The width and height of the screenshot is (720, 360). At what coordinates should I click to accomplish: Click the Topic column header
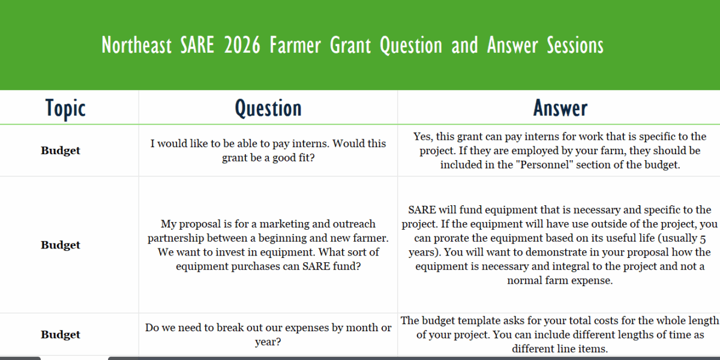(65, 109)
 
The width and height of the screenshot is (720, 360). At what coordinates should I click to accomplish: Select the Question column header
(268, 109)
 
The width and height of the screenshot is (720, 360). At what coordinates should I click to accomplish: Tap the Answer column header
(560, 109)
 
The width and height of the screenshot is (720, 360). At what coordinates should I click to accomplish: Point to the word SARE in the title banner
(197, 46)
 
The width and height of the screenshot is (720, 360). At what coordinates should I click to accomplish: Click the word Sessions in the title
(575, 46)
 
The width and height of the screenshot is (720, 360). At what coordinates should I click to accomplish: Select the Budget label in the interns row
(61, 151)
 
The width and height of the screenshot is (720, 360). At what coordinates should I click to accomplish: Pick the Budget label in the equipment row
(61, 245)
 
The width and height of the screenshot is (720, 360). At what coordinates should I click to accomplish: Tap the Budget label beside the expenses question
(61, 335)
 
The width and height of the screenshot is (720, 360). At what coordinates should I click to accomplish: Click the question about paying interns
(268, 151)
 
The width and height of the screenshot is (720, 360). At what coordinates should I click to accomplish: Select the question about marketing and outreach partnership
(268, 245)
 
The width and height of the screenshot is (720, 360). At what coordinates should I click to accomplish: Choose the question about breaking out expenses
(268, 335)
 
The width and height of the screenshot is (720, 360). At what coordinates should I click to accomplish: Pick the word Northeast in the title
(136, 46)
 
